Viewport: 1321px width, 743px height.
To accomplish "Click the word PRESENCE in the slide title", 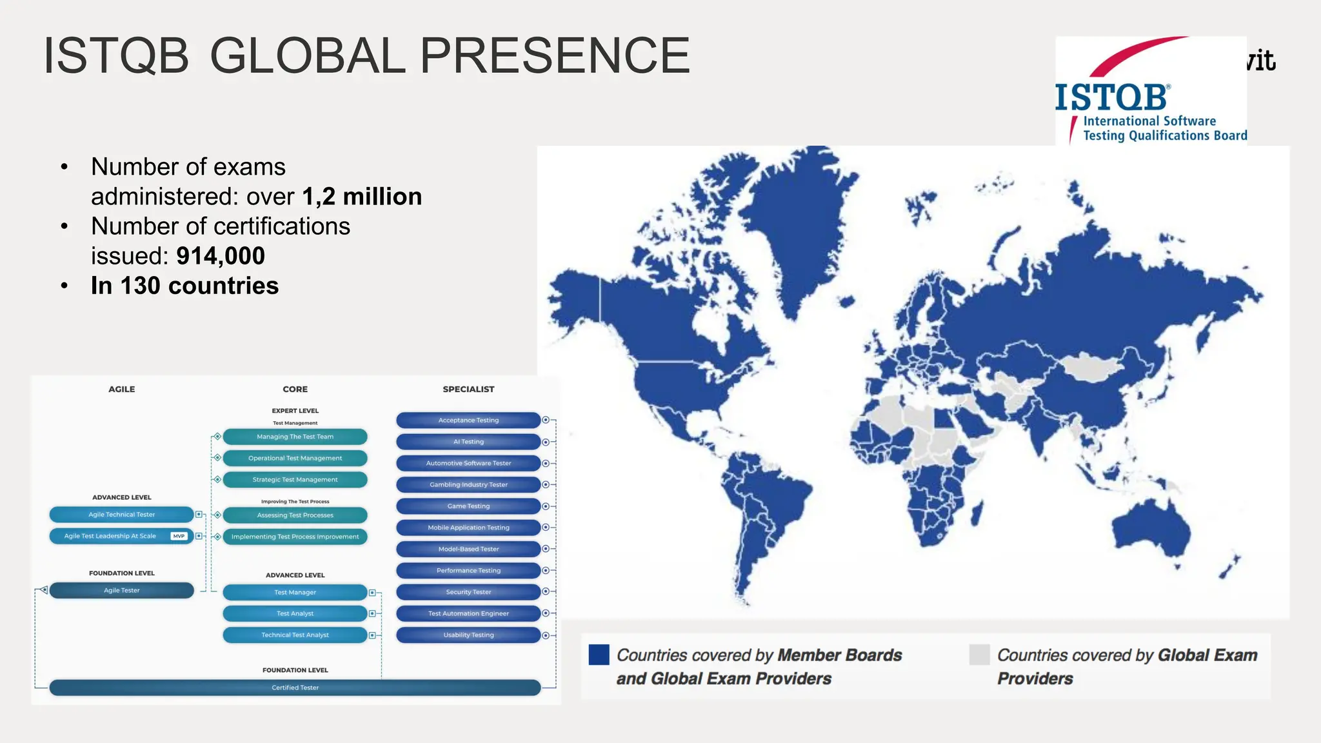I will point(555,55).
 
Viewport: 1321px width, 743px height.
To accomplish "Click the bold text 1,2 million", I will point(362,197).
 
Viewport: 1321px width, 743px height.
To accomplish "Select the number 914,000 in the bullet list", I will point(221,256).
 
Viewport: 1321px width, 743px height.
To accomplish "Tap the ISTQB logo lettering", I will point(1111,99).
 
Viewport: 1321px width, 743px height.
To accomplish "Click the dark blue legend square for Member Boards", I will point(599,655).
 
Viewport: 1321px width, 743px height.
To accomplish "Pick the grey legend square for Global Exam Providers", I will point(979,655).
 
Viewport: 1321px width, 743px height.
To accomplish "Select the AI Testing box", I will point(468,442).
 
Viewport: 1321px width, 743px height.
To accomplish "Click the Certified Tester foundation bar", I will point(295,688).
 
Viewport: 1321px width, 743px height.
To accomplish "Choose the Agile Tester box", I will point(121,590).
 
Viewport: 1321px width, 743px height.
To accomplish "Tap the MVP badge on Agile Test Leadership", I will point(179,536).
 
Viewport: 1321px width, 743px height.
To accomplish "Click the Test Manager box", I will point(295,592).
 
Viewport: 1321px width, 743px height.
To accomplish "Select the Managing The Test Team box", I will point(295,437).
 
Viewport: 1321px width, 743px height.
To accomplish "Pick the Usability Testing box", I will point(468,635).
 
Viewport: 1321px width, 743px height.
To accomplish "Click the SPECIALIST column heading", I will point(468,389).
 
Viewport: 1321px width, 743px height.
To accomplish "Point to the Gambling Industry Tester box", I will point(468,484).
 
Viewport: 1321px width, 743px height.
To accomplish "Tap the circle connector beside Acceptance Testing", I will point(546,420).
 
